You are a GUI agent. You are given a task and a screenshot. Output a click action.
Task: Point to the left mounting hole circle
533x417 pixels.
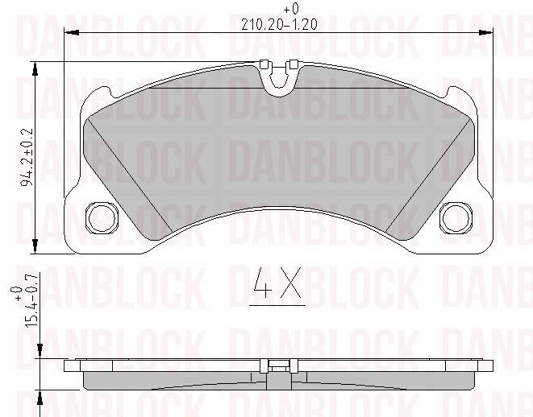102,216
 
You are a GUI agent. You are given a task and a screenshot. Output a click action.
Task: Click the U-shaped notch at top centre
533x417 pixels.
278,78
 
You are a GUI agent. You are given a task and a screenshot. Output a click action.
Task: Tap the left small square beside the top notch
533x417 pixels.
263,64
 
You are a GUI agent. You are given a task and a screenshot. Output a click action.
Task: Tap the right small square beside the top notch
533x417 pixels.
294,64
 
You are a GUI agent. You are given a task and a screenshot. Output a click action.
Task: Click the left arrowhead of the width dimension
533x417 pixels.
69,33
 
